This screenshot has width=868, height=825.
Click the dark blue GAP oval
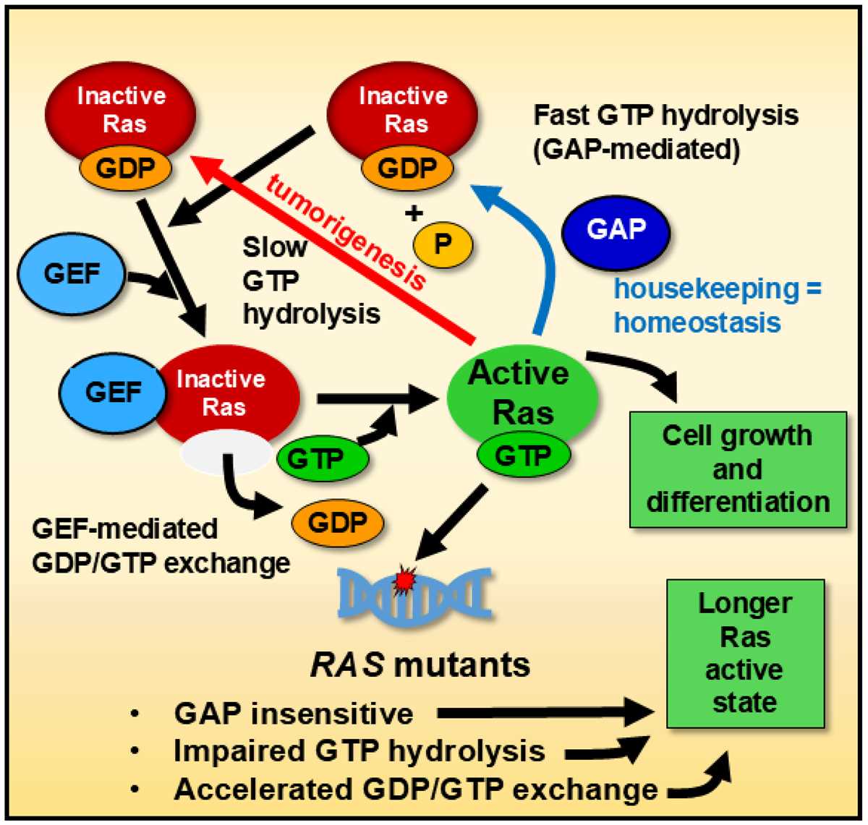pyautogui.click(x=616, y=233)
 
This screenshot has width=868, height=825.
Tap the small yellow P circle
pyautogui.click(x=443, y=244)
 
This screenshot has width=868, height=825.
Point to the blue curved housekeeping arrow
pyautogui.click(x=545, y=256)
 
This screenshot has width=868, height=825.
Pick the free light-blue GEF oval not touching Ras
pyautogui.click(x=72, y=274)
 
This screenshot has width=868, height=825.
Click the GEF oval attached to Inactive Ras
pyautogui.click(x=113, y=392)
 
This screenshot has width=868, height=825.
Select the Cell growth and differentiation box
pyautogui.click(x=738, y=470)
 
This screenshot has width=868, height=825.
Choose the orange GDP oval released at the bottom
pyautogui.click(x=337, y=523)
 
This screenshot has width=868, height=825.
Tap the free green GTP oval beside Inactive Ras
pyautogui.click(x=323, y=458)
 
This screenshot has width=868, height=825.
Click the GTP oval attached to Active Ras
pyautogui.click(x=524, y=455)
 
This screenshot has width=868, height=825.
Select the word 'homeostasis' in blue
pyautogui.click(x=697, y=322)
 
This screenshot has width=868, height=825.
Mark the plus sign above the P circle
pyautogui.click(x=414, y=213)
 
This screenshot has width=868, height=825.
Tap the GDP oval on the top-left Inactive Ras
pyautogui.click(x=125, y=168)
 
